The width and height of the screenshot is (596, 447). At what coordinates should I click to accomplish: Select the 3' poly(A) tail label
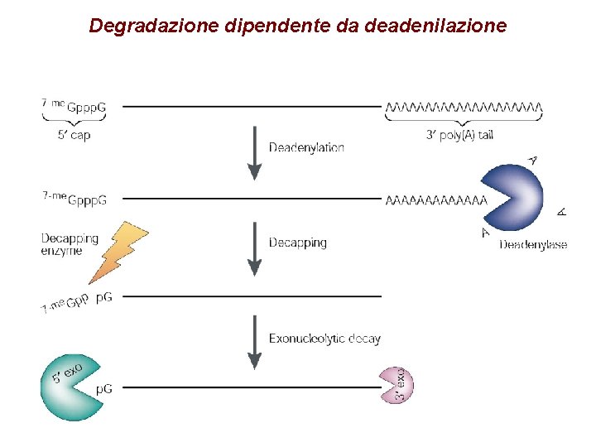pyautogui.click(x=459, y=135)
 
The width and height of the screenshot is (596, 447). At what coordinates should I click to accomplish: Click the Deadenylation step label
pyautogui.click(x=306, y=147)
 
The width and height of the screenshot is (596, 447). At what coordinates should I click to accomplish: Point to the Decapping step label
pyautogui.click(x=297, y=243)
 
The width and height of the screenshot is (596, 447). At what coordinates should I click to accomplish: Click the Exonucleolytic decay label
pyautogui.click(x=324, y=339)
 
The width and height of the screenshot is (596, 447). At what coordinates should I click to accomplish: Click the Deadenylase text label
pyautogui.click(x=532, y=244)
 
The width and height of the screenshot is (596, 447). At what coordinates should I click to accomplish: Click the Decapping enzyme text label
pyautogui.click(x=70, y=244)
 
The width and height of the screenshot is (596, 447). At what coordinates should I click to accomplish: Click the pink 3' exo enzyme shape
pyautogui.click(x=396, y=385)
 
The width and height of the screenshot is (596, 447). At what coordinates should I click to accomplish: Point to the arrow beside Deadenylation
pyautogui.click(x=255, y=152)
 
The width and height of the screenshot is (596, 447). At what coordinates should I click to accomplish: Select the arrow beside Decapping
pyautogui.click(x=255, y=248)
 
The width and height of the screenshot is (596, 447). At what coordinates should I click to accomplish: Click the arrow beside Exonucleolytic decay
pyautogui.click(x=255, y=343)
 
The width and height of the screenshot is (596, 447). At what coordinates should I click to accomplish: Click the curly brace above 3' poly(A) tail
pyautogui.click(x=464, y=121)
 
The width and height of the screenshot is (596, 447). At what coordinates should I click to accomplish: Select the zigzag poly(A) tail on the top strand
pyautogui.click(x=464, y=107)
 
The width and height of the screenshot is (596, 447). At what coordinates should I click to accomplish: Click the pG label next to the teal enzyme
pyautogui.click(x=104, y=388)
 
